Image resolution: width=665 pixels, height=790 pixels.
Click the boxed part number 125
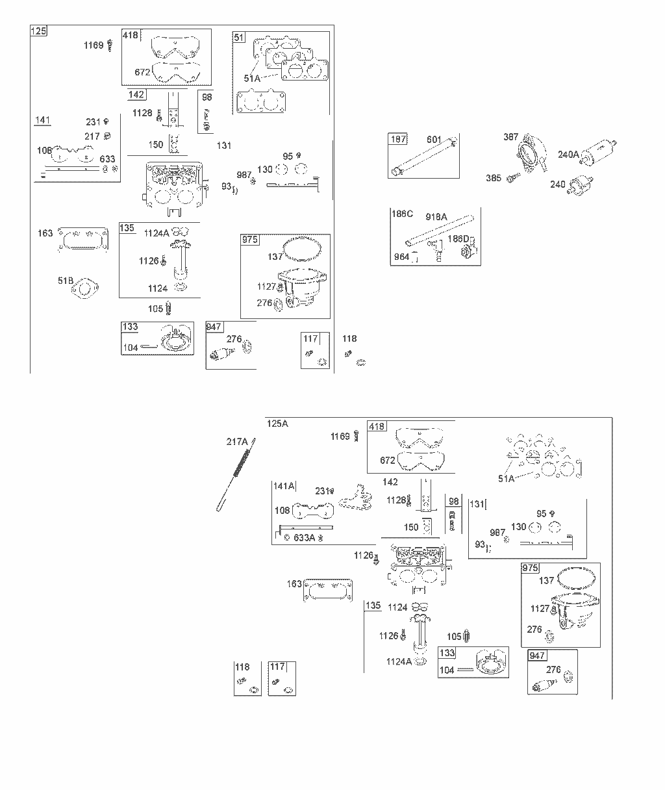click(x=38, y=31)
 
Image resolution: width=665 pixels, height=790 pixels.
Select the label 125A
click(x=277, y=424)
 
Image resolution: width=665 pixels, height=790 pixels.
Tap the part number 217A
click(x=237, y=442)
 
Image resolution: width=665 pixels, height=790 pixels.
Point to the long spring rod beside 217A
click(x=236, y=475)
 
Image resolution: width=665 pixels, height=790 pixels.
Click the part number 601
click(x=434, y=140)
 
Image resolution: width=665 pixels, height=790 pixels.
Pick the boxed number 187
click(x=398, y=139)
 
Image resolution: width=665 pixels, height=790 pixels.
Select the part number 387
click(x=510, y=137)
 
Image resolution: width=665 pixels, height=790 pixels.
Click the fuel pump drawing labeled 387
click(x=531, y=153)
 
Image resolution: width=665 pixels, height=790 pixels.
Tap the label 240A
click(x=568, y=155)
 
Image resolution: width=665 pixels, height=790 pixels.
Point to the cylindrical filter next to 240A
click(x=598, y=152)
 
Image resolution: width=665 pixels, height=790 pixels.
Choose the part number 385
click(x=494, y=178)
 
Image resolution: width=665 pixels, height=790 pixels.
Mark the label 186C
click(x=402, y=214)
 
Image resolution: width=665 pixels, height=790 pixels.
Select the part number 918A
click(x=436, y=217)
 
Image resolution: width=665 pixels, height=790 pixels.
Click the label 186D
click(x=458, y=238)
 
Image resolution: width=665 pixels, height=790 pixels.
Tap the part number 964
click(x=401, y=257)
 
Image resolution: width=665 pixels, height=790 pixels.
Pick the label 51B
click(x=66, y=281)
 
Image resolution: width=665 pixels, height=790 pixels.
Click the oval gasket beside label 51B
click(x=85, y=288)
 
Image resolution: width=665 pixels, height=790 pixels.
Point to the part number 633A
click(x=304, y=538)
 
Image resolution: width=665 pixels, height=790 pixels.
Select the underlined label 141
click(x=43, y=120)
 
